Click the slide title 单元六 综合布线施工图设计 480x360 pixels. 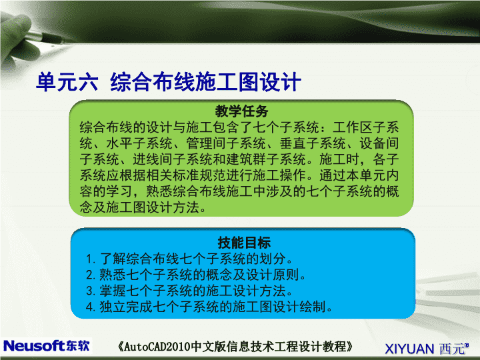[169, 82]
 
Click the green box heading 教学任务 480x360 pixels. [241, 111]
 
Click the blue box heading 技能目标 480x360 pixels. [244, 243]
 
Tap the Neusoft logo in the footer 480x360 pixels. [46, 346]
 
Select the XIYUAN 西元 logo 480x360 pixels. [427, 349]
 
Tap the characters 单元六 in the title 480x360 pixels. [67, 82]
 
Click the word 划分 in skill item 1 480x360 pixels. [273, 259]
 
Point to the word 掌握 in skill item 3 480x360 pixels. [113, 291]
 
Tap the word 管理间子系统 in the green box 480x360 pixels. [226, 143]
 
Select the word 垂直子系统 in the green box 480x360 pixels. [313, 143]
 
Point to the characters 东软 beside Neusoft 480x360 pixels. [77, 346]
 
